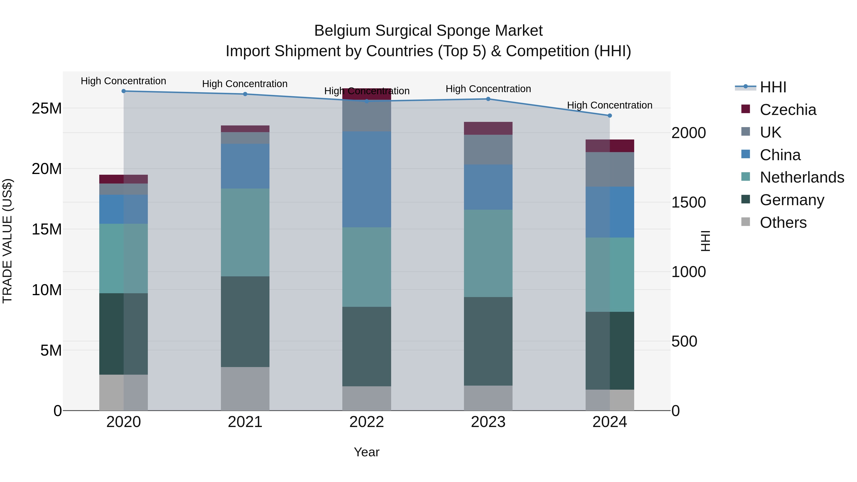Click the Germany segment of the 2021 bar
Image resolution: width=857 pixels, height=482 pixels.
tap(245, 321)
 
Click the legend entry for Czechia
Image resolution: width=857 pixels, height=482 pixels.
tap(787, 110)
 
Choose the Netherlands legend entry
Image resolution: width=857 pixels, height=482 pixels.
tap(802, 177)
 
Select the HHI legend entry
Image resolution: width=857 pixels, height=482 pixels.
tap(773, 87)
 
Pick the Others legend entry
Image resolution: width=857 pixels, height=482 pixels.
tap(783, 223)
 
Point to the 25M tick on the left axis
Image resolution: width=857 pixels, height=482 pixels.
tap(47, 109)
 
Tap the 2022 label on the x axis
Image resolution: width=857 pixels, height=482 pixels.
tap(367, 422)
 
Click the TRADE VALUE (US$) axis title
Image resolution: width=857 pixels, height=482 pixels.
tap(7, 241)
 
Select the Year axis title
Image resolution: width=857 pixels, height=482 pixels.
tap(367, 452)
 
